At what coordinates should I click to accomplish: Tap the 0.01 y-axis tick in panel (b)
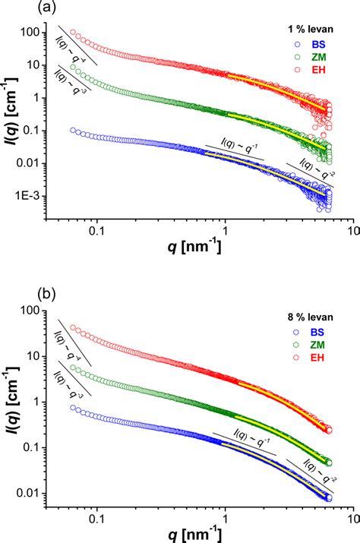[28, 494]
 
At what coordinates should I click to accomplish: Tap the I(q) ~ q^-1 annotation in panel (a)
[235, 145]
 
